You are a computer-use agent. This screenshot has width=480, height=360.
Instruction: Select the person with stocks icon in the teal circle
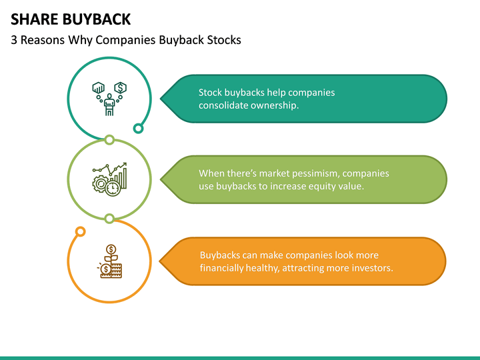coord(109,99)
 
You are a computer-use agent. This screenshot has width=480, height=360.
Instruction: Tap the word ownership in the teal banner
coord(275,105)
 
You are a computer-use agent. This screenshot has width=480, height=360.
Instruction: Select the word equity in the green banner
coord(321,186)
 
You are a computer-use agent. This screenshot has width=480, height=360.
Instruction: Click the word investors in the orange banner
coord(371,268)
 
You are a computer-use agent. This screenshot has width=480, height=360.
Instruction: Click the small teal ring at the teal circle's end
coord(138,128)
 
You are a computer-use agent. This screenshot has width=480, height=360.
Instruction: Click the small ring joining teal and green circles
coord(109,140)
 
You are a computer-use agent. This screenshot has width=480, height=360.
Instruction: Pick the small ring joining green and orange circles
coord(109,218)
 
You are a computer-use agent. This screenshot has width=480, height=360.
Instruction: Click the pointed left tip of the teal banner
coord(160,99)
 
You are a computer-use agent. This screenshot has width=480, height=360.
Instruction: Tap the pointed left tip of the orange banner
coord(160,261)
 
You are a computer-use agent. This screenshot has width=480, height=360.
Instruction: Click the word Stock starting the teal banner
coord(210,93)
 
